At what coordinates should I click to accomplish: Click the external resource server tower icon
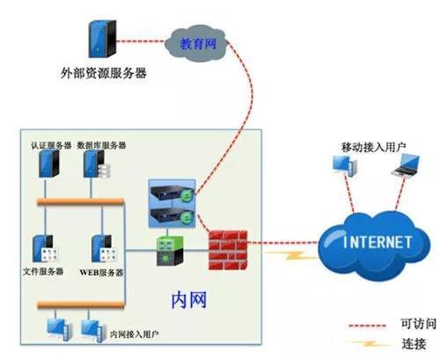pos(102,39)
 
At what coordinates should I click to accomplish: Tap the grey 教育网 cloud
pos(196,44)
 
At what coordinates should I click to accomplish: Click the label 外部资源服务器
pos(104,73)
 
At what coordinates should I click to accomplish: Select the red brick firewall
pos(228,250)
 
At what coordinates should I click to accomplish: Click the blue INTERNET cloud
pos(375,246)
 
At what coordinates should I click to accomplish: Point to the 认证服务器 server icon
pos(49,164)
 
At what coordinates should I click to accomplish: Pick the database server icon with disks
pos(97,165)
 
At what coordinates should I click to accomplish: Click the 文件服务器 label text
pos(43,271)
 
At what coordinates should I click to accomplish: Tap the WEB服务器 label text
pos(101,273)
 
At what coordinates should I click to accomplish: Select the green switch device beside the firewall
pos(170,251)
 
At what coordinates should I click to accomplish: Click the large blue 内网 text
pos(189,300)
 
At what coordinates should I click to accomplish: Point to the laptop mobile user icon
pos(406,165)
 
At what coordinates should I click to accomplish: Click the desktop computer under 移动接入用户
pos(345,165)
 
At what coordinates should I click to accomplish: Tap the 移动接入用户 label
pos(373,147)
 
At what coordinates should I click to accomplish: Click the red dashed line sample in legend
pos(367,326)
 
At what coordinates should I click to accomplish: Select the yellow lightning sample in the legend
pos(368,343)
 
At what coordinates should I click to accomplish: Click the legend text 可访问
pos(419,324)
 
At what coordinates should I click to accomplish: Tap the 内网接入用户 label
pos(135,334)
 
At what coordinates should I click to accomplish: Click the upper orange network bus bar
pos(81,202)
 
